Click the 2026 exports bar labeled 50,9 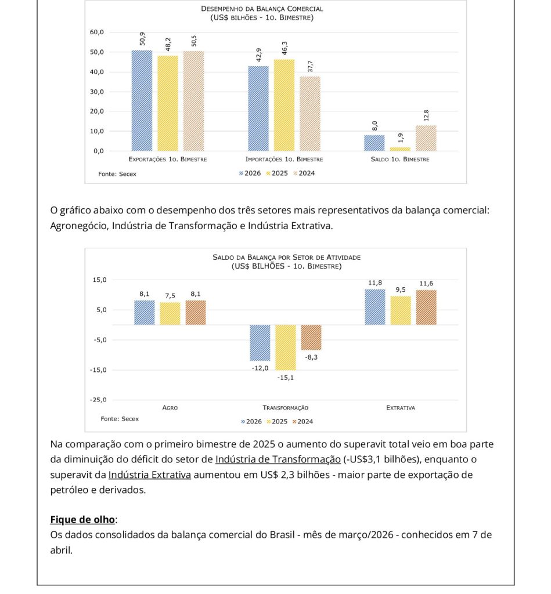point(142,100)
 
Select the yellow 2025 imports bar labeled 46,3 point(284,105)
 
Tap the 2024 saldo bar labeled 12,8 point(426,138)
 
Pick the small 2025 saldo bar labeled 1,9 point(400,148)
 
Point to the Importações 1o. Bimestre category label point(284,160)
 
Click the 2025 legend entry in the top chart point(279,173)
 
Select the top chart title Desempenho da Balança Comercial point(262,9)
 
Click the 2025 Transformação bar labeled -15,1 point(285,347)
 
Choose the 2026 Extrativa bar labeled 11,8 point(374,307)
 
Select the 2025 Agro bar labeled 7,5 point(170,313)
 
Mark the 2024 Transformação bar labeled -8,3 point(311,337)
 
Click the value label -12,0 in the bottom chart point(260,368)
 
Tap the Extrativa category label point(400,408)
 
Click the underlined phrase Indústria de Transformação point(278,459)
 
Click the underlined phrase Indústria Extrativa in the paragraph point(149,475)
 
